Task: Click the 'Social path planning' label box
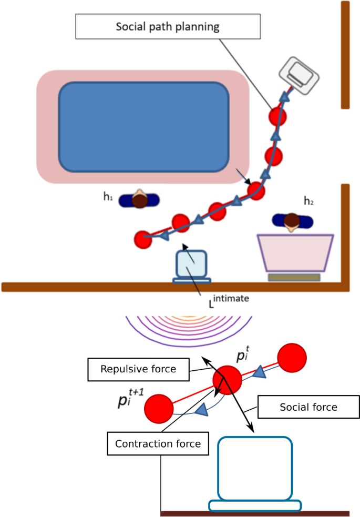coord(168,26)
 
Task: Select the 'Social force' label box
coord(308,407)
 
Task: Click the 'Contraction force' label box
coord(158,443)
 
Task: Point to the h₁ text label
coord(108,197)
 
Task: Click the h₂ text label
coord(309,200)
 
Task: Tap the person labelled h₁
coord(139,200)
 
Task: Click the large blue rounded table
coord(143,127)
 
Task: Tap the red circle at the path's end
coord(142,239)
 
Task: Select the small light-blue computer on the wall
coord(191,266)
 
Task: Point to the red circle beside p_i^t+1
coord(158,409)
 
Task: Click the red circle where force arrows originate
coord(227,379)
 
